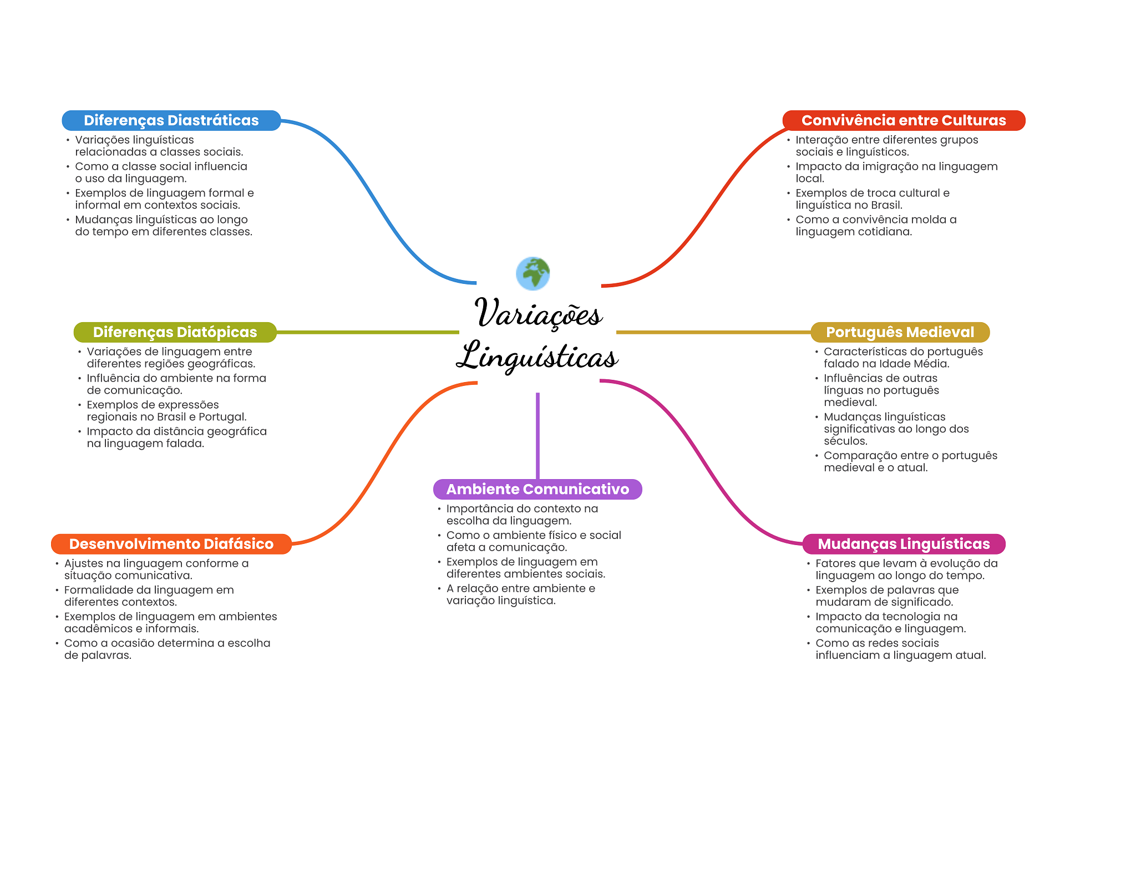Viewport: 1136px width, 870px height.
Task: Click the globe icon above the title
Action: point(532,273)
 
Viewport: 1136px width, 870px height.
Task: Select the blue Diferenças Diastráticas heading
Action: point(171,120)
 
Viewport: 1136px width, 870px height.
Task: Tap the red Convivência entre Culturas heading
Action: point(903,120)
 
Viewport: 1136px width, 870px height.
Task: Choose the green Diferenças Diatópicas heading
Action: point(175,332)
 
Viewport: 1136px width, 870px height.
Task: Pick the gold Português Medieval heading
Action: point(900,332)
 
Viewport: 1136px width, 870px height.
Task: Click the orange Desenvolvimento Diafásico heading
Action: point(171,544)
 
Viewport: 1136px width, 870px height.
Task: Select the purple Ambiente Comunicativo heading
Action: point(537,489)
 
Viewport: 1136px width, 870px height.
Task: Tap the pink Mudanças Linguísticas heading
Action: point(904,544)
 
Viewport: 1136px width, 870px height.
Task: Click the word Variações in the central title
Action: point(538,314)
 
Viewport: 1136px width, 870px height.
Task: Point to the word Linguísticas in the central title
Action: point(537,357)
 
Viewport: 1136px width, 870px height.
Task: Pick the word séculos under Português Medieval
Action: point(845,441)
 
